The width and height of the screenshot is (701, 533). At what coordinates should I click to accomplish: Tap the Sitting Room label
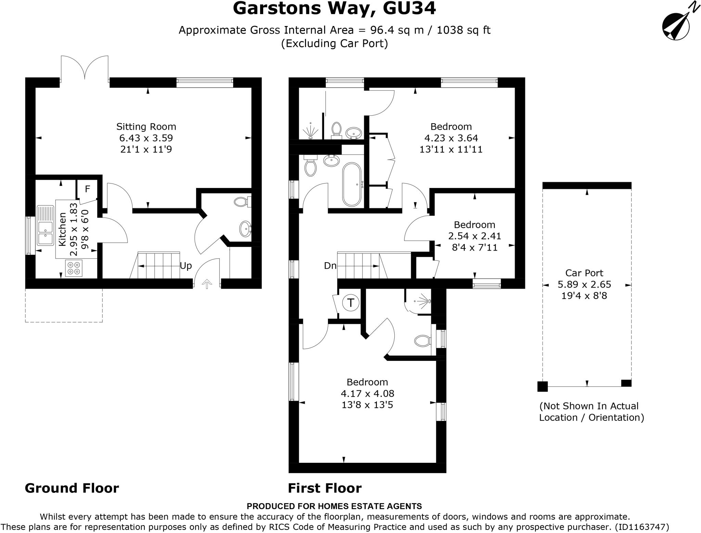pyautogui.click(x=146, y=127)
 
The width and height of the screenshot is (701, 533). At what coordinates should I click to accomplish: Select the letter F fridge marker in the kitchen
pyautogui.click(x=87, y=189)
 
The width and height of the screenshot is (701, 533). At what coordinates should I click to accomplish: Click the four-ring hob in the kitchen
pyautogui.click(x=74, y=268)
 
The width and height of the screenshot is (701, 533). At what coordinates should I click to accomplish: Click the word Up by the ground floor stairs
pyautogui.click(x=186, y=266)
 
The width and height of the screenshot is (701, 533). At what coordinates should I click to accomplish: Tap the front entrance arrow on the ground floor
pyautogui.click(x=207, y=284)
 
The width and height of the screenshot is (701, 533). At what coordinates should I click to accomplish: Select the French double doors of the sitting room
pyautogui.click(x=85, y=68)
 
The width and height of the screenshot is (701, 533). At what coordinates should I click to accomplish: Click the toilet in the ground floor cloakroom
pyautogui.click(x=243, y=202)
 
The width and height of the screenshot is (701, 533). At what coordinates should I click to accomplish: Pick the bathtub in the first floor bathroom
pyautogui.click(x=352, y=184)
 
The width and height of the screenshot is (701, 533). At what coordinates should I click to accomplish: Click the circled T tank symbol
pyautogui.click(x=351, y=303)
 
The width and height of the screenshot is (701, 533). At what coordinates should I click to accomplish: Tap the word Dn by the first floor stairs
pyautogui.click(x=330, y=266)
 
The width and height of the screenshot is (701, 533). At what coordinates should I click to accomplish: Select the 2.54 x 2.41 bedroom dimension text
pyautogui.click(x=474, y=236)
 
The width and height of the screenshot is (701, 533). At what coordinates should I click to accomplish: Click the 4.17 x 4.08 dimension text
pyautogui.click(x=367, y=393)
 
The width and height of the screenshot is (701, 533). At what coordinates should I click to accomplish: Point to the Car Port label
pyautogui.click(x=584, y=273)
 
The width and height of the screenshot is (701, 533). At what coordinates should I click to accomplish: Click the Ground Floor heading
pyautogui.click(x=72, y=488)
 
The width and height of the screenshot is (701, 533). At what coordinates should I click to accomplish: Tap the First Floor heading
pyautogui.click(x=324, y=488)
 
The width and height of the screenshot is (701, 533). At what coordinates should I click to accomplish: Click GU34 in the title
pyautogui.click(x=409, y=9)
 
